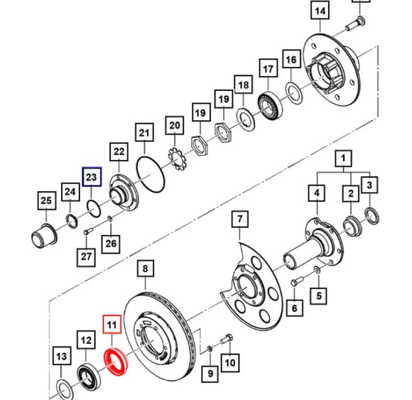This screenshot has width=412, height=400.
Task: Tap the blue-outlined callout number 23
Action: point(92,176)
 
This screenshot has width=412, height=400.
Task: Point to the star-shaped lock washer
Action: point(175,155)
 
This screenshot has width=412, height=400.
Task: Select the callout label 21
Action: point(144,132)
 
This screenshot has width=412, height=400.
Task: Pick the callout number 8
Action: point(145,269)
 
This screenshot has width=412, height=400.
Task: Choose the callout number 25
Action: point(46,201)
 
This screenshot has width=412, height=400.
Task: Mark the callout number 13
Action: point(62,356)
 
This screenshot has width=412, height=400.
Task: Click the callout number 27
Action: point(86,256)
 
